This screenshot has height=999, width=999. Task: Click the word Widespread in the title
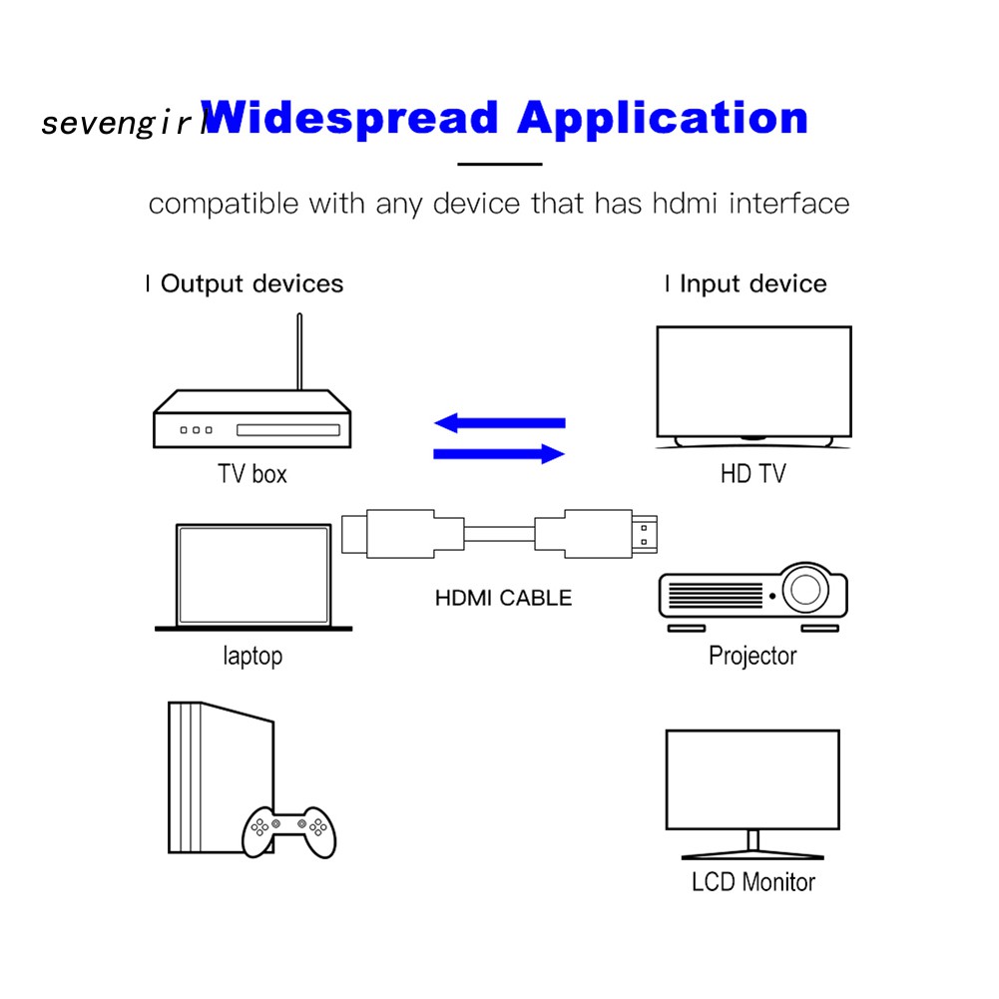[x=349, y=118]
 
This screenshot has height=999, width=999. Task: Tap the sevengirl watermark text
[x=122, y=124]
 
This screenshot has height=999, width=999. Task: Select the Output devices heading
[x=251, y=284]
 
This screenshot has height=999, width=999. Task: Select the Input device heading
[x=752, y=284]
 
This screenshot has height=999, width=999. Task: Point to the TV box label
[x=251, y=473]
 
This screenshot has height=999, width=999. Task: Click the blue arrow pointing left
[x=499, y=422]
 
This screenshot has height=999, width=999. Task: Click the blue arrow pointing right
[x=499, y=454]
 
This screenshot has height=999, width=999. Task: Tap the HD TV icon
[x=753, y=384]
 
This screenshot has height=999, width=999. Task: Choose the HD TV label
[x=752, y=473]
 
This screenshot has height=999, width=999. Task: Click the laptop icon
[x=253, y=577]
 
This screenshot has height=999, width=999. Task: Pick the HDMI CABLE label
[x=503, y=599]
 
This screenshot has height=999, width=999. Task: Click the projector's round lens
[x=804, y=590]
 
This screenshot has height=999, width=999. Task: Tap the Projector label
[x=752, y=656]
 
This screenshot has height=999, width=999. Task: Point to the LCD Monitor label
[x=752, y=882]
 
